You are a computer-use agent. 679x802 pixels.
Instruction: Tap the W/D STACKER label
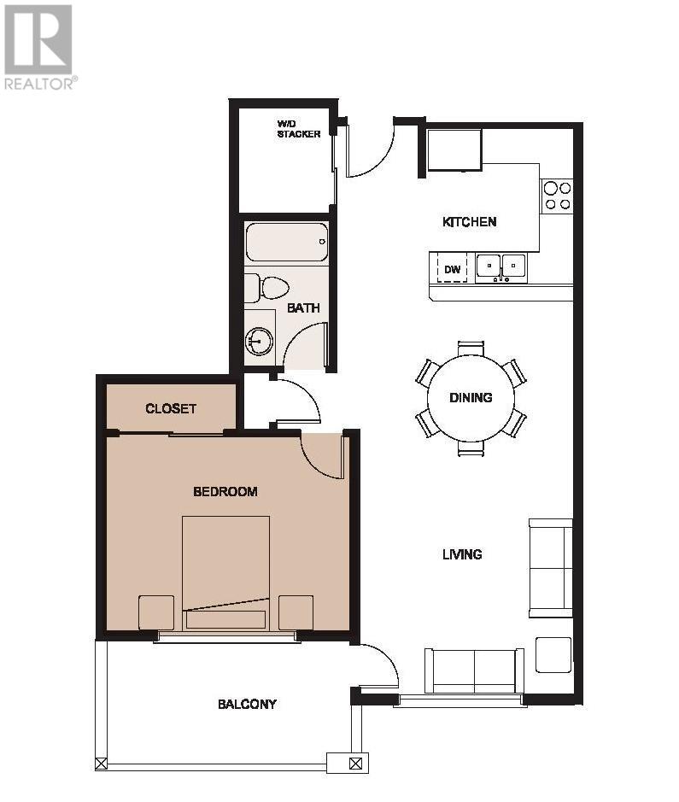(299, 129)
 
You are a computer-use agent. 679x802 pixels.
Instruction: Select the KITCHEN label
(469, 222)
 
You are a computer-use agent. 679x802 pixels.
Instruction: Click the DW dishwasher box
(452, 268)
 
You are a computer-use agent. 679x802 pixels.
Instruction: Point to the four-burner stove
(557, 196)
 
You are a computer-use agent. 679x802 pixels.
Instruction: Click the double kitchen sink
(501, 268)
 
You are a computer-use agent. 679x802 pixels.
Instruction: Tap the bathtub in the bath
(287, 242)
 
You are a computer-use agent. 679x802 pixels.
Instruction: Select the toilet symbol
(266, 288)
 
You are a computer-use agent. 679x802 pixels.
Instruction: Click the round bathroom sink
(260, 341)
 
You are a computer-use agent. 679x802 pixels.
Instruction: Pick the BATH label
(303, 308)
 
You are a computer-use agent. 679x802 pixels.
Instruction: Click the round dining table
(471, 398)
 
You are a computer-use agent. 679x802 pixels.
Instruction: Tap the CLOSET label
(170, 408)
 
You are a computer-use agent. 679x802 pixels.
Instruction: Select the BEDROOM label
(225, 491)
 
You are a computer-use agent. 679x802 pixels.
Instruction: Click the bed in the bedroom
(226, 573)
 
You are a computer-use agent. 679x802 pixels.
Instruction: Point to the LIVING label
(462, 554)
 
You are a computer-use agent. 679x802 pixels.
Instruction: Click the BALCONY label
(247, 705)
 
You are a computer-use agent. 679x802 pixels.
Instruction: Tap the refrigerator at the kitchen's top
(454, 149)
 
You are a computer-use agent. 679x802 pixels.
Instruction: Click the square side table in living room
(553, 655)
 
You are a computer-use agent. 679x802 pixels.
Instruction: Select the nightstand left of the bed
(156, 612)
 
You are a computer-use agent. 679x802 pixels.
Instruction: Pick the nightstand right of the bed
(296, 612)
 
